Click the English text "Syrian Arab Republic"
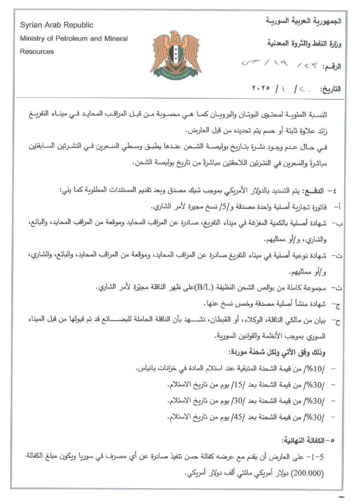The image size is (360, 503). coord(57,25)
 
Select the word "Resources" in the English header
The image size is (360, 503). coord(37,51)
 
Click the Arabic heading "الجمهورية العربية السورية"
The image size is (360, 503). coord(303,20)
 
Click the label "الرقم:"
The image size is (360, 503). coord(331,66)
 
